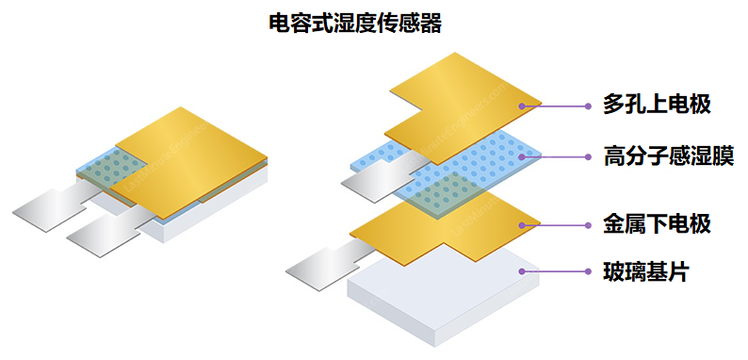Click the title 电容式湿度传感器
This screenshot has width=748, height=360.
pyautogui.click(x=355, y=24)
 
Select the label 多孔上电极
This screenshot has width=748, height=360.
pyautogui.click(x=656, y=104)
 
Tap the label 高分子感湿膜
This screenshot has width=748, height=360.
pyautogui.click(x=668, y=154)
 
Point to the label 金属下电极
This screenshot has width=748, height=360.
pyautogui.click(x=656, y=224)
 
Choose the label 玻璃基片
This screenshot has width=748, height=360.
pyautogui.click(x=645, y=273)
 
